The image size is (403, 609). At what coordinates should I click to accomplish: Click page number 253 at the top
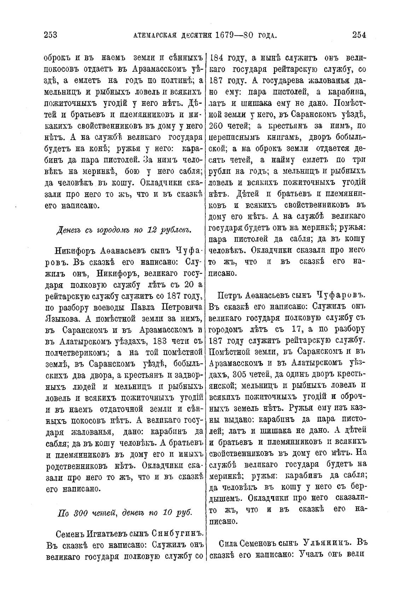(x=51, y=35)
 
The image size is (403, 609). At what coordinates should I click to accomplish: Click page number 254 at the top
(x=359, y=35)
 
